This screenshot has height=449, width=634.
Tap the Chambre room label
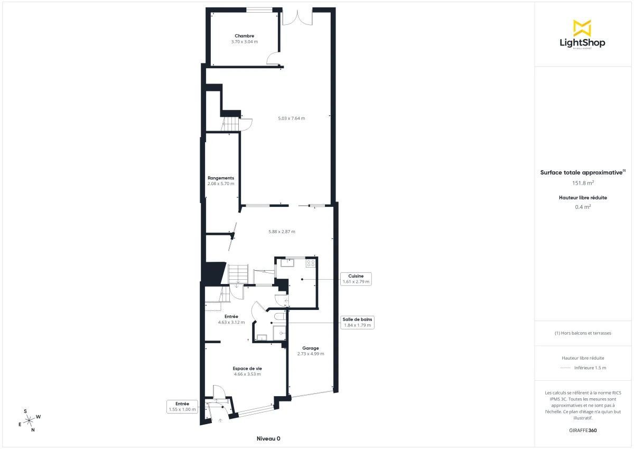[x=244, y=36]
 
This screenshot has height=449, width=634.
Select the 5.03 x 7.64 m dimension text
[x=292, y=118]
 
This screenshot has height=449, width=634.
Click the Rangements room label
[x=221, y=178]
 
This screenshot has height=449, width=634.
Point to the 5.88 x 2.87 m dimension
[x=282, y=232]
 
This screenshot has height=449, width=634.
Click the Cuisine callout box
[x=356, y=279]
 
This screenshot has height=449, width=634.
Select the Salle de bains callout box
[x=357, y=323]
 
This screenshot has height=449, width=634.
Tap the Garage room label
[x=311, y=349]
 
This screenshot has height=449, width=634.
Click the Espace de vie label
[x=247, y=369]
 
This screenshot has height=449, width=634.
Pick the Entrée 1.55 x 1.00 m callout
[x=182, y=406]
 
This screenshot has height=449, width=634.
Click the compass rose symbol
[x=31, y=420]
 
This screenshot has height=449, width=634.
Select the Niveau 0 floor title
[x=268, y=438]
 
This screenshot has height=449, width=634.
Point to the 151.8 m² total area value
[x=583, y=183]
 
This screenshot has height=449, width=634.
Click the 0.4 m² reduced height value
[x=583, y=207]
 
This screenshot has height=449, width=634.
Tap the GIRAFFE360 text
[x=583, y=430]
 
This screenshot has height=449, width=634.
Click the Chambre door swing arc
[x=273, y=58]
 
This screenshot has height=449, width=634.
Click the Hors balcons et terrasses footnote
[x=583, y=333]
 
